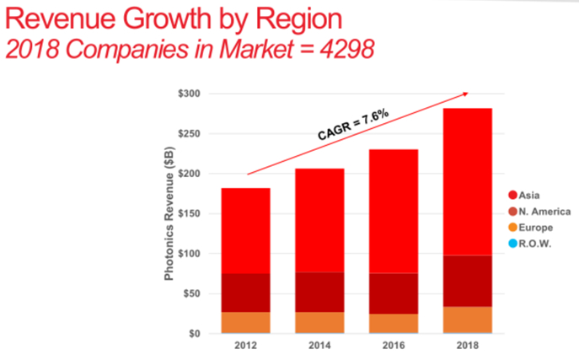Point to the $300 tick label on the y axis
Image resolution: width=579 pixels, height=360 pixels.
pyautogui.click(x=189, y=94)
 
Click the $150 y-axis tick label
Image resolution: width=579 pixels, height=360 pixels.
pyautogui.click(x=189, y=213)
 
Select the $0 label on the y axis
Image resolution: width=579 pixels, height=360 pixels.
pyautogui.click(x=196, y=334)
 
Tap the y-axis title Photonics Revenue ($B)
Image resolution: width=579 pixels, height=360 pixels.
pyautogui.click(x=169, y=213)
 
